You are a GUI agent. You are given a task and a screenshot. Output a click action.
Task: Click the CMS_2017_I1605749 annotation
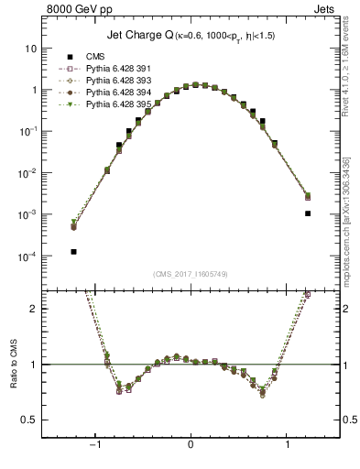pyautogui.click(x=190, y=274)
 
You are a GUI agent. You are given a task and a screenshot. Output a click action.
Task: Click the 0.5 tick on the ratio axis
pyautogui.click(x=29, y=420)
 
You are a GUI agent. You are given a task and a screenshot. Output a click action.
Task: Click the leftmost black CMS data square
pyautogui.click(x=73, y=251)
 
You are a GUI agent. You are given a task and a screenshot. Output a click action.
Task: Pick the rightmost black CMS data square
pyautogui.click(x=308, y=213)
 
